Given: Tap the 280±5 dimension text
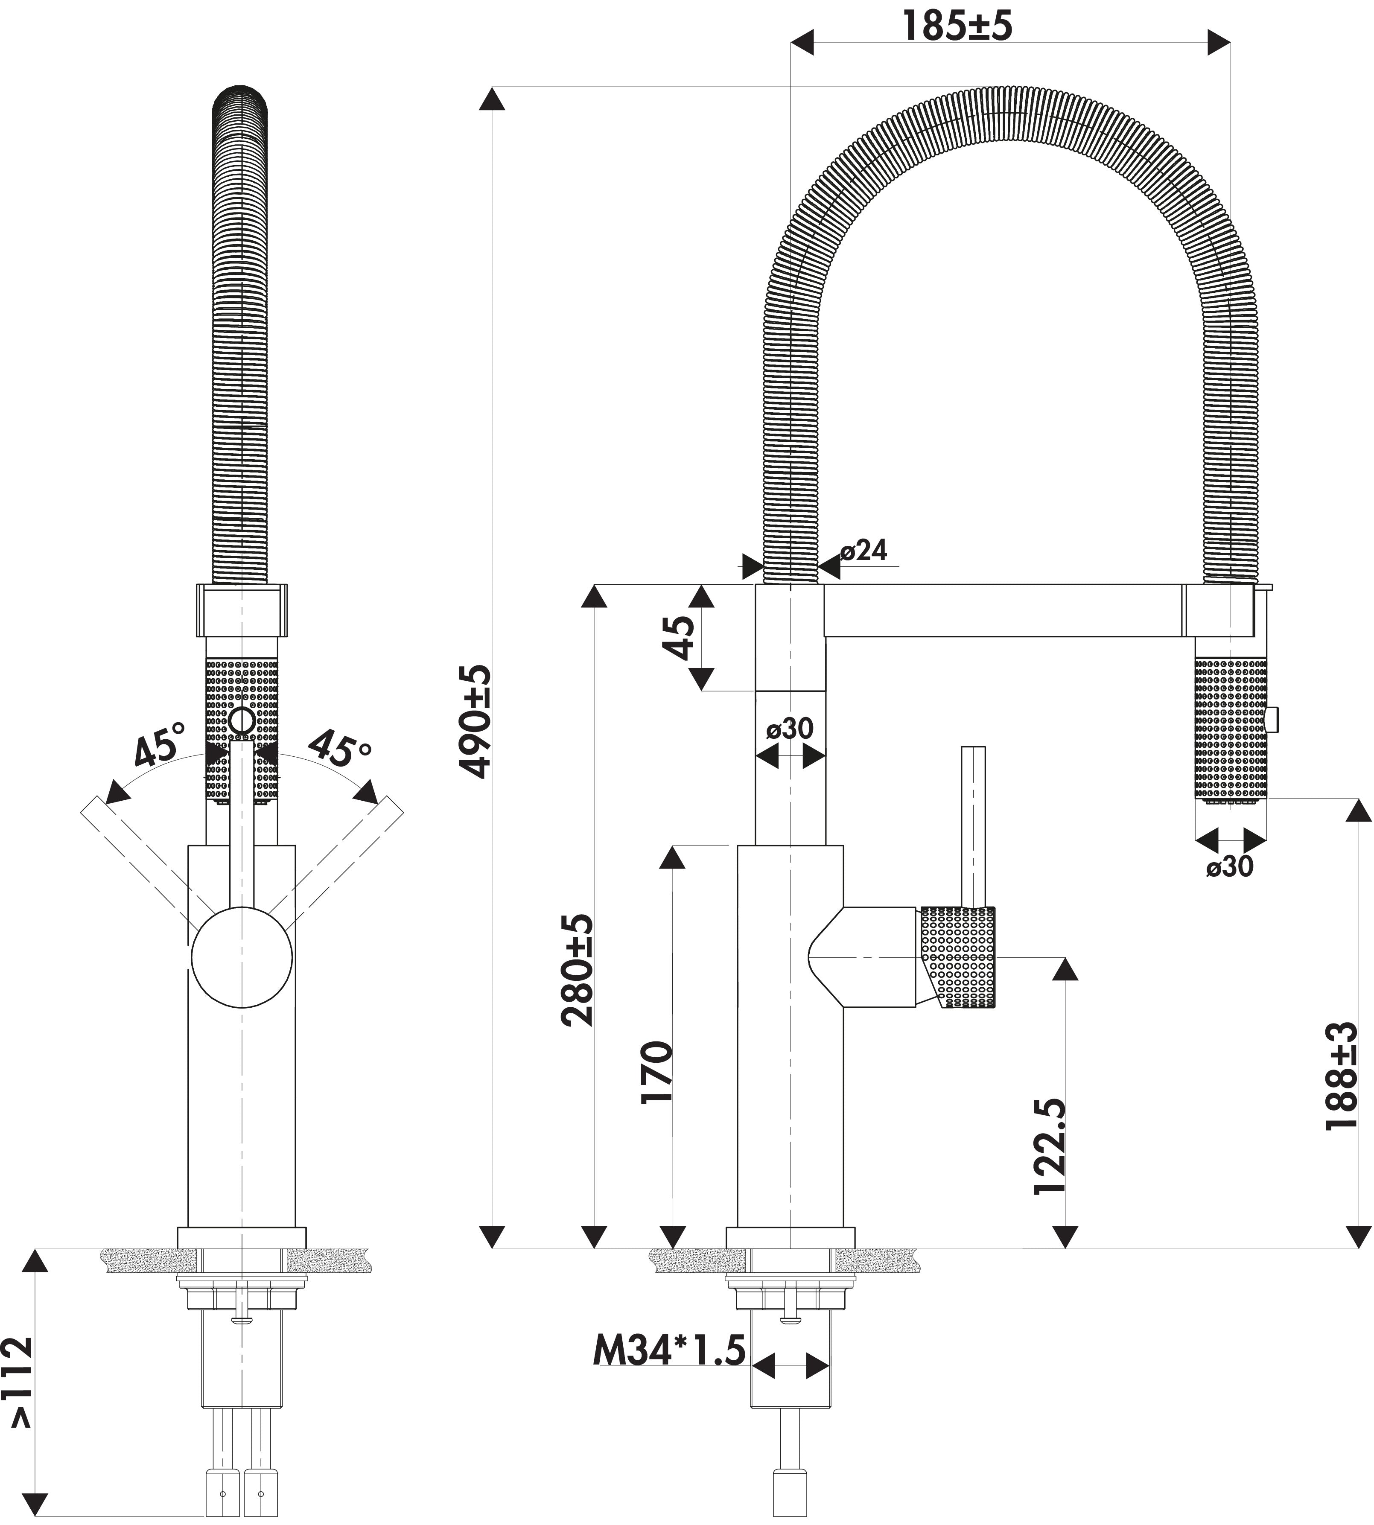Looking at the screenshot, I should pos(578,970).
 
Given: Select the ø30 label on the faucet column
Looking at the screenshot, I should pos(790,729).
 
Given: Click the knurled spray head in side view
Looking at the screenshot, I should pos(1231,729).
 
